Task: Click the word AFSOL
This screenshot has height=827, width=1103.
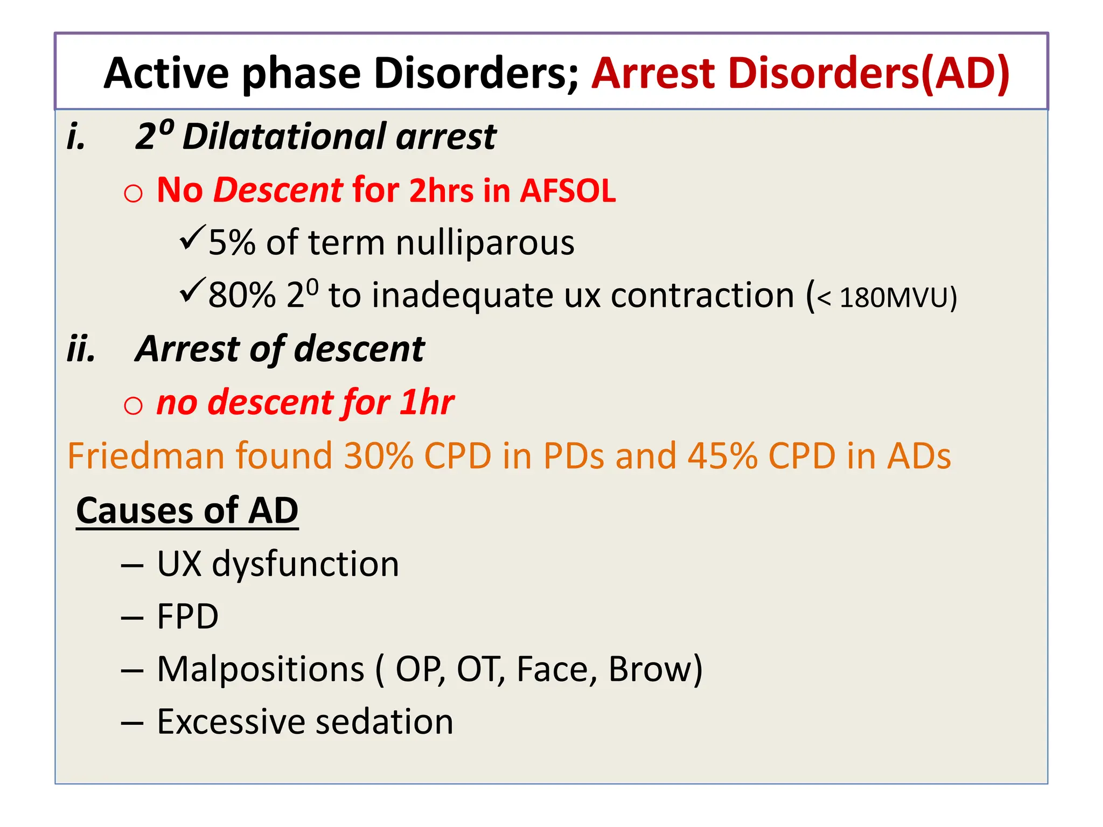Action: pyautogui.click(x=568, y=191)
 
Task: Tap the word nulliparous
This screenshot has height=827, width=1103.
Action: pyautogui.click(x=485, y=243)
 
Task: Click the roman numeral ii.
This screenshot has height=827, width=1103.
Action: pyautogui.click(x=81, y=349)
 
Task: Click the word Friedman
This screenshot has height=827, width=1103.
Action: pyautogui.click(x=145, y=456)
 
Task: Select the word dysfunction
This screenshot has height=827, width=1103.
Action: pyautogui.click(x=305, y=564)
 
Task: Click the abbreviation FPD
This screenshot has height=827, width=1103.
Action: pyautogui.click(x=187, y=616)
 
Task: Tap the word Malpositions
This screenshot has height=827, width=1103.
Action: pyautogui.click(x=261, y=669)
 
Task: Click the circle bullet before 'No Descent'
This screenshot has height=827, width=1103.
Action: pyautogui.click(x=133, y=193)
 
